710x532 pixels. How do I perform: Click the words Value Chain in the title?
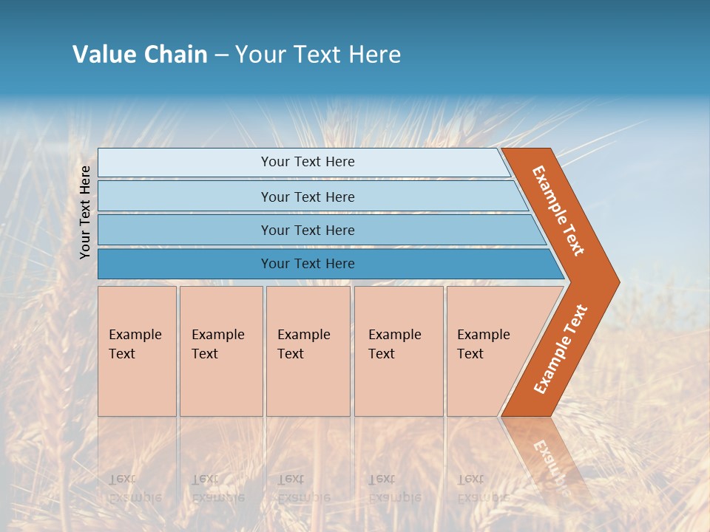click(140, 55)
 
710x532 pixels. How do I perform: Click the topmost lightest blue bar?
click(185, 163)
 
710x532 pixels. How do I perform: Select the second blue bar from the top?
click(185, 197)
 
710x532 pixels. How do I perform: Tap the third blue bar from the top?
click(185, 231)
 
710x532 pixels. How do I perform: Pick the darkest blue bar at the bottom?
click(185, 264)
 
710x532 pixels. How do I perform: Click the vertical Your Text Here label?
click(86, 212)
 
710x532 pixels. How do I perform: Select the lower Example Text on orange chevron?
click(560, 349)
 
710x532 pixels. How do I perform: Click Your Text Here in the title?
click(317, 55)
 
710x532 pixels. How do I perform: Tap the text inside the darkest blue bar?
click(308, 264)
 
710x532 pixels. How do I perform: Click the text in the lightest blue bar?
click(308, 162)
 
